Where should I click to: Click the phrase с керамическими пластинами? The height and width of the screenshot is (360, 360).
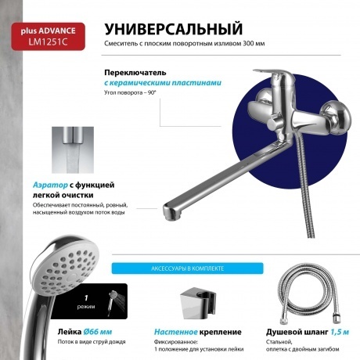[x=163, y=82]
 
